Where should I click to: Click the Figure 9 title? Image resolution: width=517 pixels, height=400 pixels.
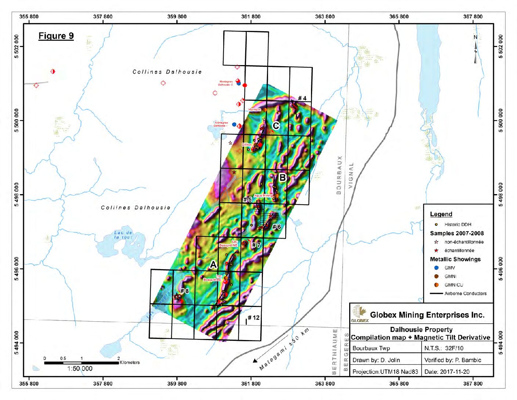pyautogui.click(x=56, y=36)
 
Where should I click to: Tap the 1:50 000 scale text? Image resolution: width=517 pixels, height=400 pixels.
pyautogui.click(x=80, y=369)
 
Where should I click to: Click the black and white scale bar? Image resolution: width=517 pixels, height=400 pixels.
pyautogui.click(x=81, y=363)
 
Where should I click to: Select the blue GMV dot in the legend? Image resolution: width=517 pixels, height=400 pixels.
pyautogui.click(x=436, y=268)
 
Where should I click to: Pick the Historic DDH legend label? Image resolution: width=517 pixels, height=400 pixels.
pyautogui.click(x=458, y=224)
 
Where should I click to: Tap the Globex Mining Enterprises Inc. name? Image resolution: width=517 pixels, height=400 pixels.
pyautogui.click(x=427, y=315)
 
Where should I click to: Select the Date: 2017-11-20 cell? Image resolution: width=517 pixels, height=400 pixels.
pyautogui.click(x=446, y=372)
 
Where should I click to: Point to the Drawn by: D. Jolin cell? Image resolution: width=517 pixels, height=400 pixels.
pyautogui.click(x=376, y=360)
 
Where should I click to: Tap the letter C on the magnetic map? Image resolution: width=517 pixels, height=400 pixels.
pyautogui.click(x=276, y=126)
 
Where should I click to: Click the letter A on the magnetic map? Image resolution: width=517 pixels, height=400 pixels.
pyautogui.click(x=213, y=265)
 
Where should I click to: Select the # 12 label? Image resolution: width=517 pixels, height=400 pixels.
pyautogui.click(x=253, y=318)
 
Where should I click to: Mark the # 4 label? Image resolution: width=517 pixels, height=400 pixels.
pyautogui.click(x=302, y=98)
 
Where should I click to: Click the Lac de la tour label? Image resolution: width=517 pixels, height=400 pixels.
pyautogui.click(x=123, y=235)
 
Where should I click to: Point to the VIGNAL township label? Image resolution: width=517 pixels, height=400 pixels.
pyautogui.click(x=351, y=175)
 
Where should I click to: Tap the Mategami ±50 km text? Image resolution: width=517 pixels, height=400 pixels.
pyautogui.click(x=284, y=349)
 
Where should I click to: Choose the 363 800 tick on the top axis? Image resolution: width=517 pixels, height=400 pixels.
pyautogui.click(x=325, y=17)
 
